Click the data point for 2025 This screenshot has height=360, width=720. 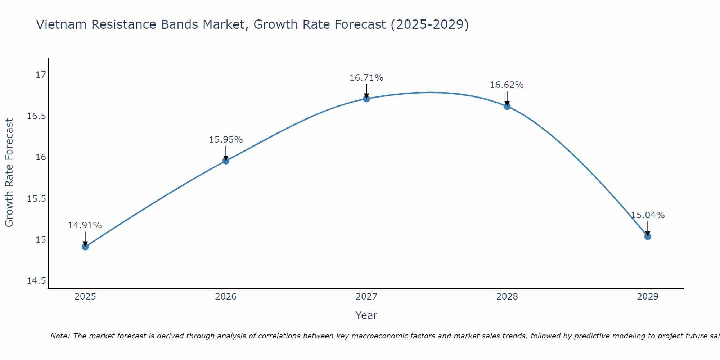click(85, 247)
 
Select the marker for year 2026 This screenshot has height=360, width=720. click(226, 161)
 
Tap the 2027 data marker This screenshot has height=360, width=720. click(366, 99)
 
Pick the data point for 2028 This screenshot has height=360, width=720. click(507, 106)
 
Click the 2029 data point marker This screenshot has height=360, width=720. click(648, 237)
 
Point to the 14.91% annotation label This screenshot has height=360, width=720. click(85, 225)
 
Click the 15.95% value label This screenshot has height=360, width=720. click(226, 140)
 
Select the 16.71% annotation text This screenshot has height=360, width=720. click(366, 78)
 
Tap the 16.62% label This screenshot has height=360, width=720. click(507, 85)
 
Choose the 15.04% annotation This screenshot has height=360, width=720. click(648, 215)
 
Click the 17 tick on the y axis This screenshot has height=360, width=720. click(41, 75)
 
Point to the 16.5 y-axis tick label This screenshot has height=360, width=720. click(37, 116)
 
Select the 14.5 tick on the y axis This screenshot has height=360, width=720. click(37, 281)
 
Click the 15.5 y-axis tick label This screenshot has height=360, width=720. click(37, 199)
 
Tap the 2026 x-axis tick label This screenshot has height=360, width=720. click(226, 297)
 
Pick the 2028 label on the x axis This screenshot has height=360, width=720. click(507, 297)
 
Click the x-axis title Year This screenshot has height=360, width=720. click(366, 315)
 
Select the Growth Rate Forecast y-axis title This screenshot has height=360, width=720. click(9, 173)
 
